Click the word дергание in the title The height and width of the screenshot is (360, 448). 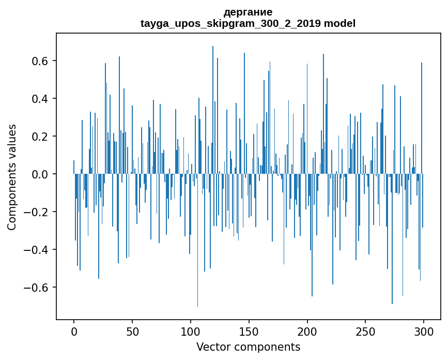point(248,12)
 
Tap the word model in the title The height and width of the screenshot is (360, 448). point(339,23)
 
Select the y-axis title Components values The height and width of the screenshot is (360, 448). point(12,177)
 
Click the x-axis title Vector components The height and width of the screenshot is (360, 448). point(248,347)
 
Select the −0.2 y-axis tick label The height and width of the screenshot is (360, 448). point(38,212)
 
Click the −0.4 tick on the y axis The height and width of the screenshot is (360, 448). point(38,250)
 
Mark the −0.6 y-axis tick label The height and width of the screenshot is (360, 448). point(38,288)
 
